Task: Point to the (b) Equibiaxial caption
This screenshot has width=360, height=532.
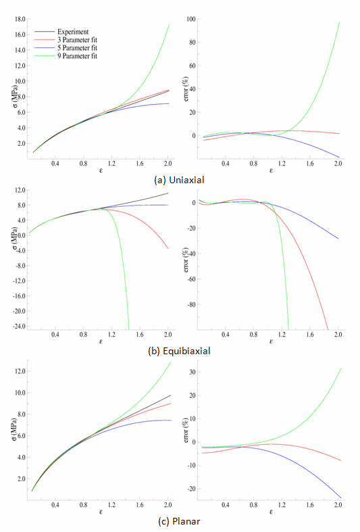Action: point(180,352)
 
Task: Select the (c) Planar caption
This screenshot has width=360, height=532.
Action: point(180,522)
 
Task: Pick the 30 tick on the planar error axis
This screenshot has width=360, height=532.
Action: point(192,372)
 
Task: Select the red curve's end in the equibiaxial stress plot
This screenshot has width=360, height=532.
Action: point(168,249)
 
